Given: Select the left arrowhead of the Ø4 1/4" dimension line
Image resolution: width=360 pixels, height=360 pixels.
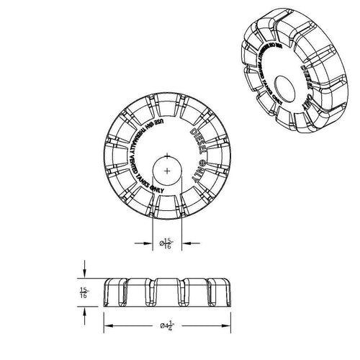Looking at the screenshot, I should (108, 325).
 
